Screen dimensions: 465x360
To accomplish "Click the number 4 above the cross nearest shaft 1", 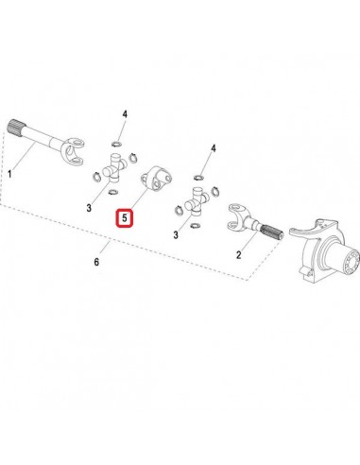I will [124, 115].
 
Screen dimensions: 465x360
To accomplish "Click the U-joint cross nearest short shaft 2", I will [197, 202].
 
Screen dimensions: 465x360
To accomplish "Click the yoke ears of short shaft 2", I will [233, 223].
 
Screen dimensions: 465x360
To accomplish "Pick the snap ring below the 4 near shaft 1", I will [114, 143].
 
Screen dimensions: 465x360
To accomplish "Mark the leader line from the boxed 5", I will [138, 198].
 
